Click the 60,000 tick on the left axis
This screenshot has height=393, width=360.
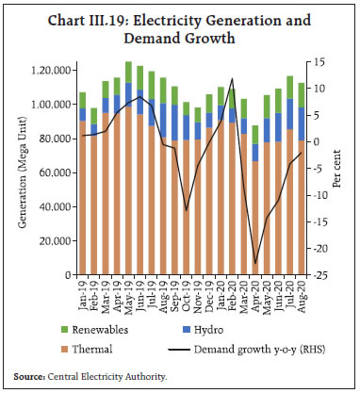click(x=56, y=173)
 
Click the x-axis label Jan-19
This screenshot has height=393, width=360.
click(x=83, y=295)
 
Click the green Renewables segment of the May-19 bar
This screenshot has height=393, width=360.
click(x=128, y=73)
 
